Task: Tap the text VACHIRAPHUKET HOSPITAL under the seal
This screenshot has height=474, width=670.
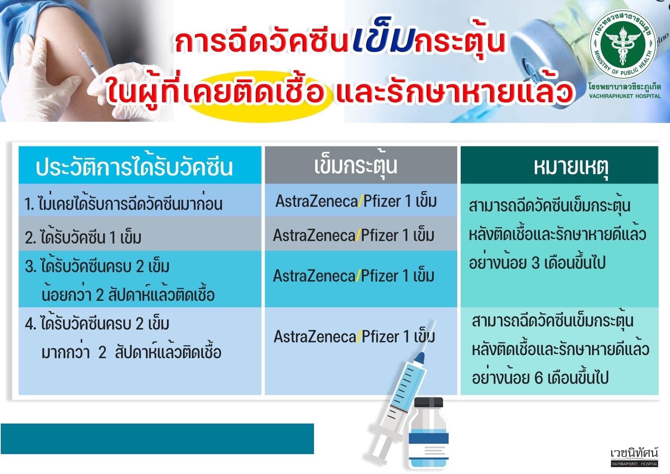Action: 625,96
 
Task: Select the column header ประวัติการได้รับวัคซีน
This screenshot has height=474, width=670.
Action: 134,167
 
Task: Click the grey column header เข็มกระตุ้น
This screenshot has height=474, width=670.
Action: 356,166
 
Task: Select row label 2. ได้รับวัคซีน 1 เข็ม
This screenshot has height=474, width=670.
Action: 83,237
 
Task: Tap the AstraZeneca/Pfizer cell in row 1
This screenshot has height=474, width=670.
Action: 356,201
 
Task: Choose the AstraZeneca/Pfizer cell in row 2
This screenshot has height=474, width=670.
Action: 354,235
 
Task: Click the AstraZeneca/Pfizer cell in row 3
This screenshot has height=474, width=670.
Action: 354,276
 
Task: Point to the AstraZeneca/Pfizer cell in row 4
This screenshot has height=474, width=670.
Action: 354,336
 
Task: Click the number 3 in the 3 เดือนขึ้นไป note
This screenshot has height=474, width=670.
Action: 536,263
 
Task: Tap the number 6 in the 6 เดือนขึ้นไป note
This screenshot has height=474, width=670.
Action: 539,378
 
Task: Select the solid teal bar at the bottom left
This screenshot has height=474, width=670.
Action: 157,439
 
